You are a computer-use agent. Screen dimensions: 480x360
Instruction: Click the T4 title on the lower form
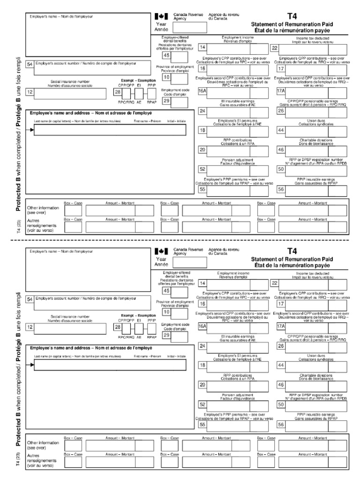point(292,251)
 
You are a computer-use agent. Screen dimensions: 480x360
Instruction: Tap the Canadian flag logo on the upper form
point(161,16)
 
